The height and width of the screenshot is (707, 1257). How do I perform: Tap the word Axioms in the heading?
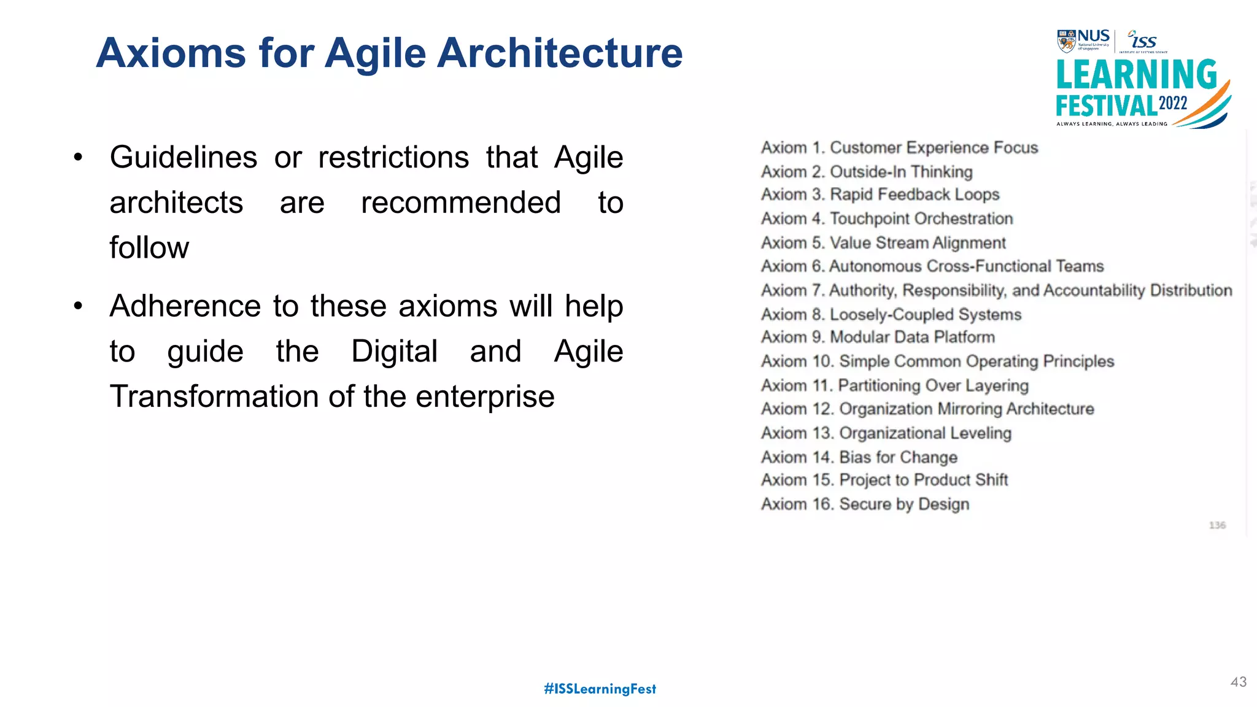click(x=171, y=53)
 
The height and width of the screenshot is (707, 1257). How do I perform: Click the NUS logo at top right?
click(x=1083, y=40)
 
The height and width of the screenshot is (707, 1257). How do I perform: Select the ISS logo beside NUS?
click(x=1143, y=41)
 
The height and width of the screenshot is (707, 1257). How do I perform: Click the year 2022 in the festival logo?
click(x=1173, y=103)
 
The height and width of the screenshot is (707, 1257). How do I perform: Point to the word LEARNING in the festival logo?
click(x=1136, y=75)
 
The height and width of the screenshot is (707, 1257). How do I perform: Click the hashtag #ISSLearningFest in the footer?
click(x=600, y=689)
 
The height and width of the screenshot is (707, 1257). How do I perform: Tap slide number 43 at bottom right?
click(x=1238, y=682)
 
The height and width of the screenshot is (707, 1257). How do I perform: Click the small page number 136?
click(x=1216, y=525)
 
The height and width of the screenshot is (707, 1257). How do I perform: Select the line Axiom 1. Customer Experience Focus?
click(x=899, y=148)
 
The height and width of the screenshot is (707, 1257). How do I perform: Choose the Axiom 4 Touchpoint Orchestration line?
click(x=887, y=218)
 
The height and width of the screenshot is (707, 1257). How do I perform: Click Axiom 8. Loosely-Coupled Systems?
click(x=891, y=314)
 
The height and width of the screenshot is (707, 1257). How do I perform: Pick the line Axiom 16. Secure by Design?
click(x=865, y=504)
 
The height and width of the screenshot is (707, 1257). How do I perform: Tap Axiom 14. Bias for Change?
click(x=859, y=457)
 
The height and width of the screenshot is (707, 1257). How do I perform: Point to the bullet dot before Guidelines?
click(x=78, y=157)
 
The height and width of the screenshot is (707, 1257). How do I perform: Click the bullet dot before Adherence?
click(x=78, y=306)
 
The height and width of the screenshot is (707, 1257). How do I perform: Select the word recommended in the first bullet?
click(x=460, y=203)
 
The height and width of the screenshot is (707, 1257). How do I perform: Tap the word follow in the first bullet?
click(x=149, y=247)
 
